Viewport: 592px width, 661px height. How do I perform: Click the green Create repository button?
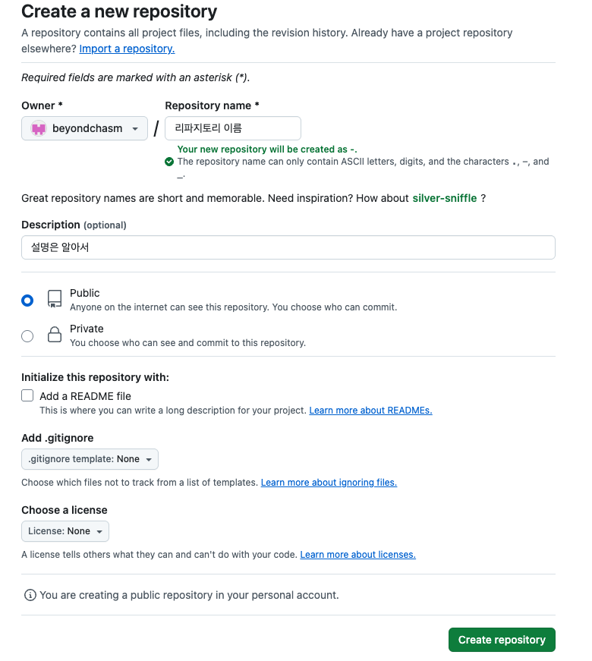pyautogui.click(x=502, y=640)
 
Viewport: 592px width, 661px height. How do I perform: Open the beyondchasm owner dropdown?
pyautogui.click(x=84, y=129)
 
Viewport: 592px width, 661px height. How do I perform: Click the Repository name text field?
pyautogui.click(x=232, y=128)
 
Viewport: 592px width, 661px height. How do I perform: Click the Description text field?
pyautogui.click(x=288, y=247)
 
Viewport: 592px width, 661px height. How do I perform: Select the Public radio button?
pyautogui.click(x=27, y=301)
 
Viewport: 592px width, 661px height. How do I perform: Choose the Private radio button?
pyautogui.click(x=27, y=336)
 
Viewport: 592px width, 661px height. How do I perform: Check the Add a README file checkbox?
pyautogui.click(x=27, y=395)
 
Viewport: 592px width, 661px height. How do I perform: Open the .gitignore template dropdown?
pyautogui.click(x=90, y=459)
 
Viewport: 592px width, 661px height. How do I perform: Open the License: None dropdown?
pyautogui.click(x=65, y=531)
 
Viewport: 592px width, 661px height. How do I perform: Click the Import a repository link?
pyautogui.click(x=127, y=49)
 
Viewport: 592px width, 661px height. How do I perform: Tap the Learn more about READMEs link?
pyautogui.click(x=370, y=411)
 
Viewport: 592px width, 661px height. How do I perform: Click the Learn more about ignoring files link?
pyautogui.click(x=329, y=483)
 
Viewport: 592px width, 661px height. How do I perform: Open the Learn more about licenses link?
pyautogui.click(x=357, y=555)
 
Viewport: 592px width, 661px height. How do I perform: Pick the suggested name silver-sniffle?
pyautogui.click(x=444, y=198)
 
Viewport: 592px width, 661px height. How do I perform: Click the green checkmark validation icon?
pyautogui.click(x=169, y=162)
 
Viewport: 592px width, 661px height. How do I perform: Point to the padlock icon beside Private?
pyautogui.click(x=54, y=335)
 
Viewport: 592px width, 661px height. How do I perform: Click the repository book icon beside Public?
pyautogui.click(x=54, y=299)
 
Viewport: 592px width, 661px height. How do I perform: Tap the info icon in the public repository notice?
pyautogui.click(x=30, y=595)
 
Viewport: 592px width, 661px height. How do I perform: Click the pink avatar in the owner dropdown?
pyautogui.click(x=38, y=129)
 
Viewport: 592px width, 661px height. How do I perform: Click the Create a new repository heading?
pyautogui.click(x=119, y=11)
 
